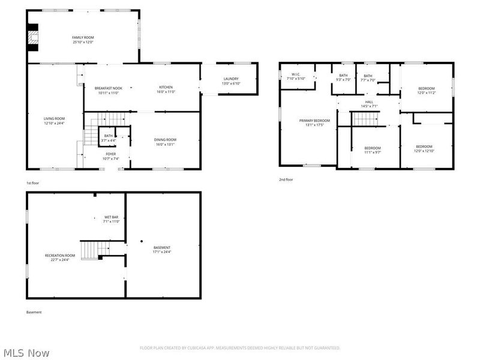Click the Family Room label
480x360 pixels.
(x=83, y=38)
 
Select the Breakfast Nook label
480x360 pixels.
(x=108, y=88)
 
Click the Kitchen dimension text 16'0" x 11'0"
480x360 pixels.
(x=166, y=92)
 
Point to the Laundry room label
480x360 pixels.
(x=231, y=79)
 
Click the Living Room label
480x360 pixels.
(x=54, y=119)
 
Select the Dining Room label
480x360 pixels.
(x=166, y=140)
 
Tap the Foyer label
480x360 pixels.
(x=111, y=154)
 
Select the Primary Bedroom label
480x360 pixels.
(x=314, y=121)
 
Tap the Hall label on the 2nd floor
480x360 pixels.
(x=369, y=102)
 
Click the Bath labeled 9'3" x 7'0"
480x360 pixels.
(x=343, y=76)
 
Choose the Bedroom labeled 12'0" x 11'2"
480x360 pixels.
(x=426, y=89)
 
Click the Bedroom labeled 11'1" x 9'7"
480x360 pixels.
(x=373, y=148)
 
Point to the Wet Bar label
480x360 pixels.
(x=112, y=217)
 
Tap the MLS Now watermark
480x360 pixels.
(x=26, y=353)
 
